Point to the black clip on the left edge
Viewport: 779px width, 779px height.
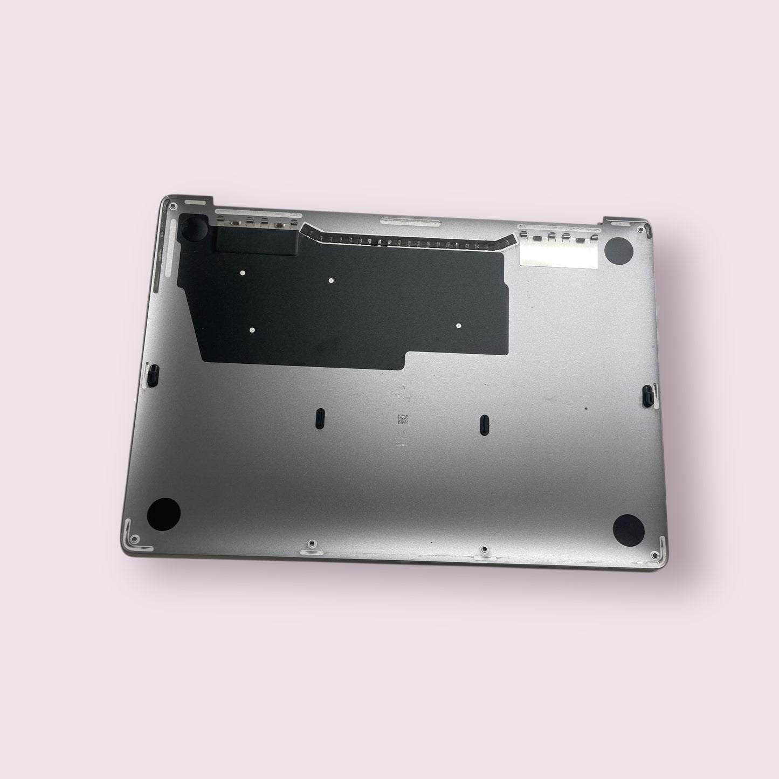[153, 372]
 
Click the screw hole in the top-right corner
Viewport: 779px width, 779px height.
[640, 229]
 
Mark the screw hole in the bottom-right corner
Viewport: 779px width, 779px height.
[654, 555]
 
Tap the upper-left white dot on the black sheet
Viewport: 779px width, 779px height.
[243, 273]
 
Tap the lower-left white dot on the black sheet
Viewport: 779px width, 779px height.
[253, 330]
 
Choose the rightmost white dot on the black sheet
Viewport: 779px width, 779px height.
[458, 326]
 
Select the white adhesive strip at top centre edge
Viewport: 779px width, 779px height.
[411, 220]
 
